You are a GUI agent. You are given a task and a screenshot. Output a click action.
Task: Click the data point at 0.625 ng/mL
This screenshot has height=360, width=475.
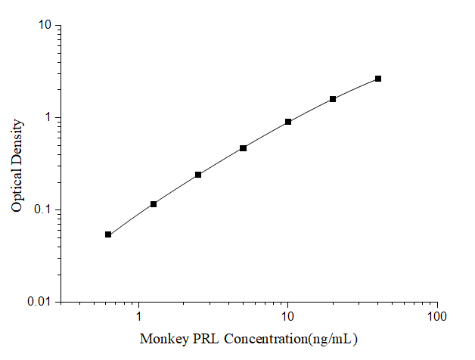tap(108, 234)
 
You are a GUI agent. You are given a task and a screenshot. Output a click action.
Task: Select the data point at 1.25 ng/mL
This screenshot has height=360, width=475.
tap(154, 204)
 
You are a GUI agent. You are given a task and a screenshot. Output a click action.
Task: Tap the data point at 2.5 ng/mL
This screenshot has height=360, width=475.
tap(198, 175)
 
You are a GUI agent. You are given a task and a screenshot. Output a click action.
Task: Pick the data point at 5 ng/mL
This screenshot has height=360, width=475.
tap(243, 148)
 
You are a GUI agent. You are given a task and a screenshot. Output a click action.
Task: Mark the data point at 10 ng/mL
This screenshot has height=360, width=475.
tap(288, 122)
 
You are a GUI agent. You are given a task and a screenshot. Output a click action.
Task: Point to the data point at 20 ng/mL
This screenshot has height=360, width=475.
tap(333, 99)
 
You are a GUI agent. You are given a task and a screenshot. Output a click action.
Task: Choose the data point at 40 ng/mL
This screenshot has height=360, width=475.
tap(378, 79)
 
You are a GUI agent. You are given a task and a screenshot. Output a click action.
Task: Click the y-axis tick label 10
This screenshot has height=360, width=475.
tap(45, 26)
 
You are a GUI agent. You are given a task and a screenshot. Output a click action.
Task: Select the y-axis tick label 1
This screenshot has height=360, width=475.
tap(48, 118)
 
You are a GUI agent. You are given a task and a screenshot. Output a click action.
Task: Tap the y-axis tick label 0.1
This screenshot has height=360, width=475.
tap(43, 210)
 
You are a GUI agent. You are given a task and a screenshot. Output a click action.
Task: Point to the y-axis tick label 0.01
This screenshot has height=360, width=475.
tap(40, 303)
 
